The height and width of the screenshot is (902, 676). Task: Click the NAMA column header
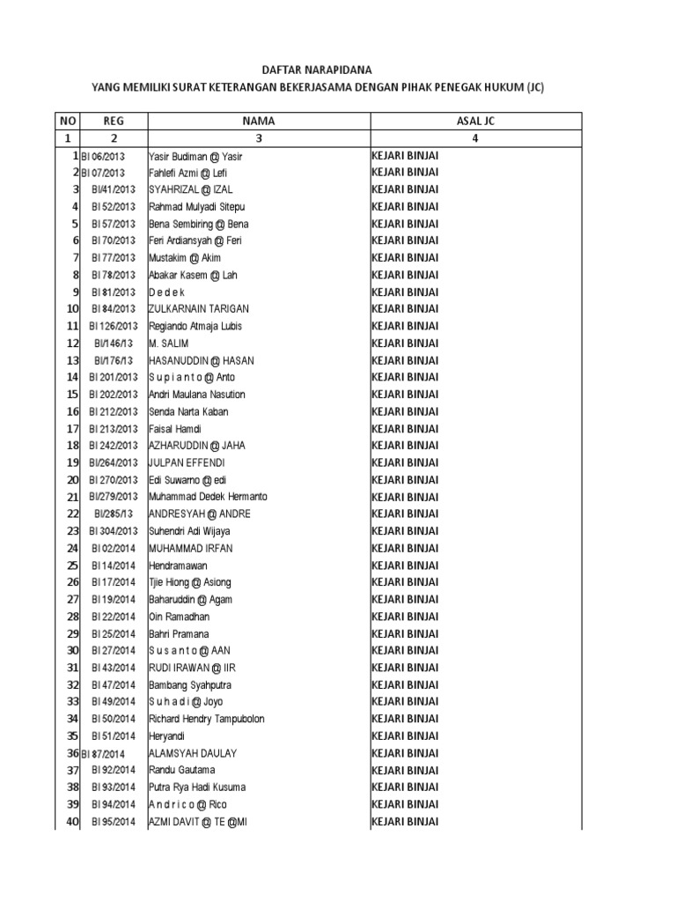coord(259,121)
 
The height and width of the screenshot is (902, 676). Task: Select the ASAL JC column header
coord(475,121)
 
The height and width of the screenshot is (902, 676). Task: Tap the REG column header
coord(114,121)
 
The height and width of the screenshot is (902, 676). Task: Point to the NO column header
coord(68,121)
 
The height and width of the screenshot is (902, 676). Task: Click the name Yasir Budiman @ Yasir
coord(195,156)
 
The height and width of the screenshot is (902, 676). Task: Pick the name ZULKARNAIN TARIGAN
coord(199,309)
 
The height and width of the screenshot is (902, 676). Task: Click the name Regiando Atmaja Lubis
coord(195,326)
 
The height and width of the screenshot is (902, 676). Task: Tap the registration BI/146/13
coord(114,344)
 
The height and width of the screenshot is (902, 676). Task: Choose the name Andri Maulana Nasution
coord(197,395)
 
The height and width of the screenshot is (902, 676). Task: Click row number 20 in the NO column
coord(72,480)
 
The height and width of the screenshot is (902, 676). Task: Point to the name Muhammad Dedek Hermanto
coord(208,497)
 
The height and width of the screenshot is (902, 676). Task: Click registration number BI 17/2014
coord(114,582)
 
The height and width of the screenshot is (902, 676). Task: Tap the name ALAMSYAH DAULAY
coord(193,753)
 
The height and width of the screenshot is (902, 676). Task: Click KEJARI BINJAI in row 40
coord(405,822)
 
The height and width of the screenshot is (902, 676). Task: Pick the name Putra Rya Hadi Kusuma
coord(197,787)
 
